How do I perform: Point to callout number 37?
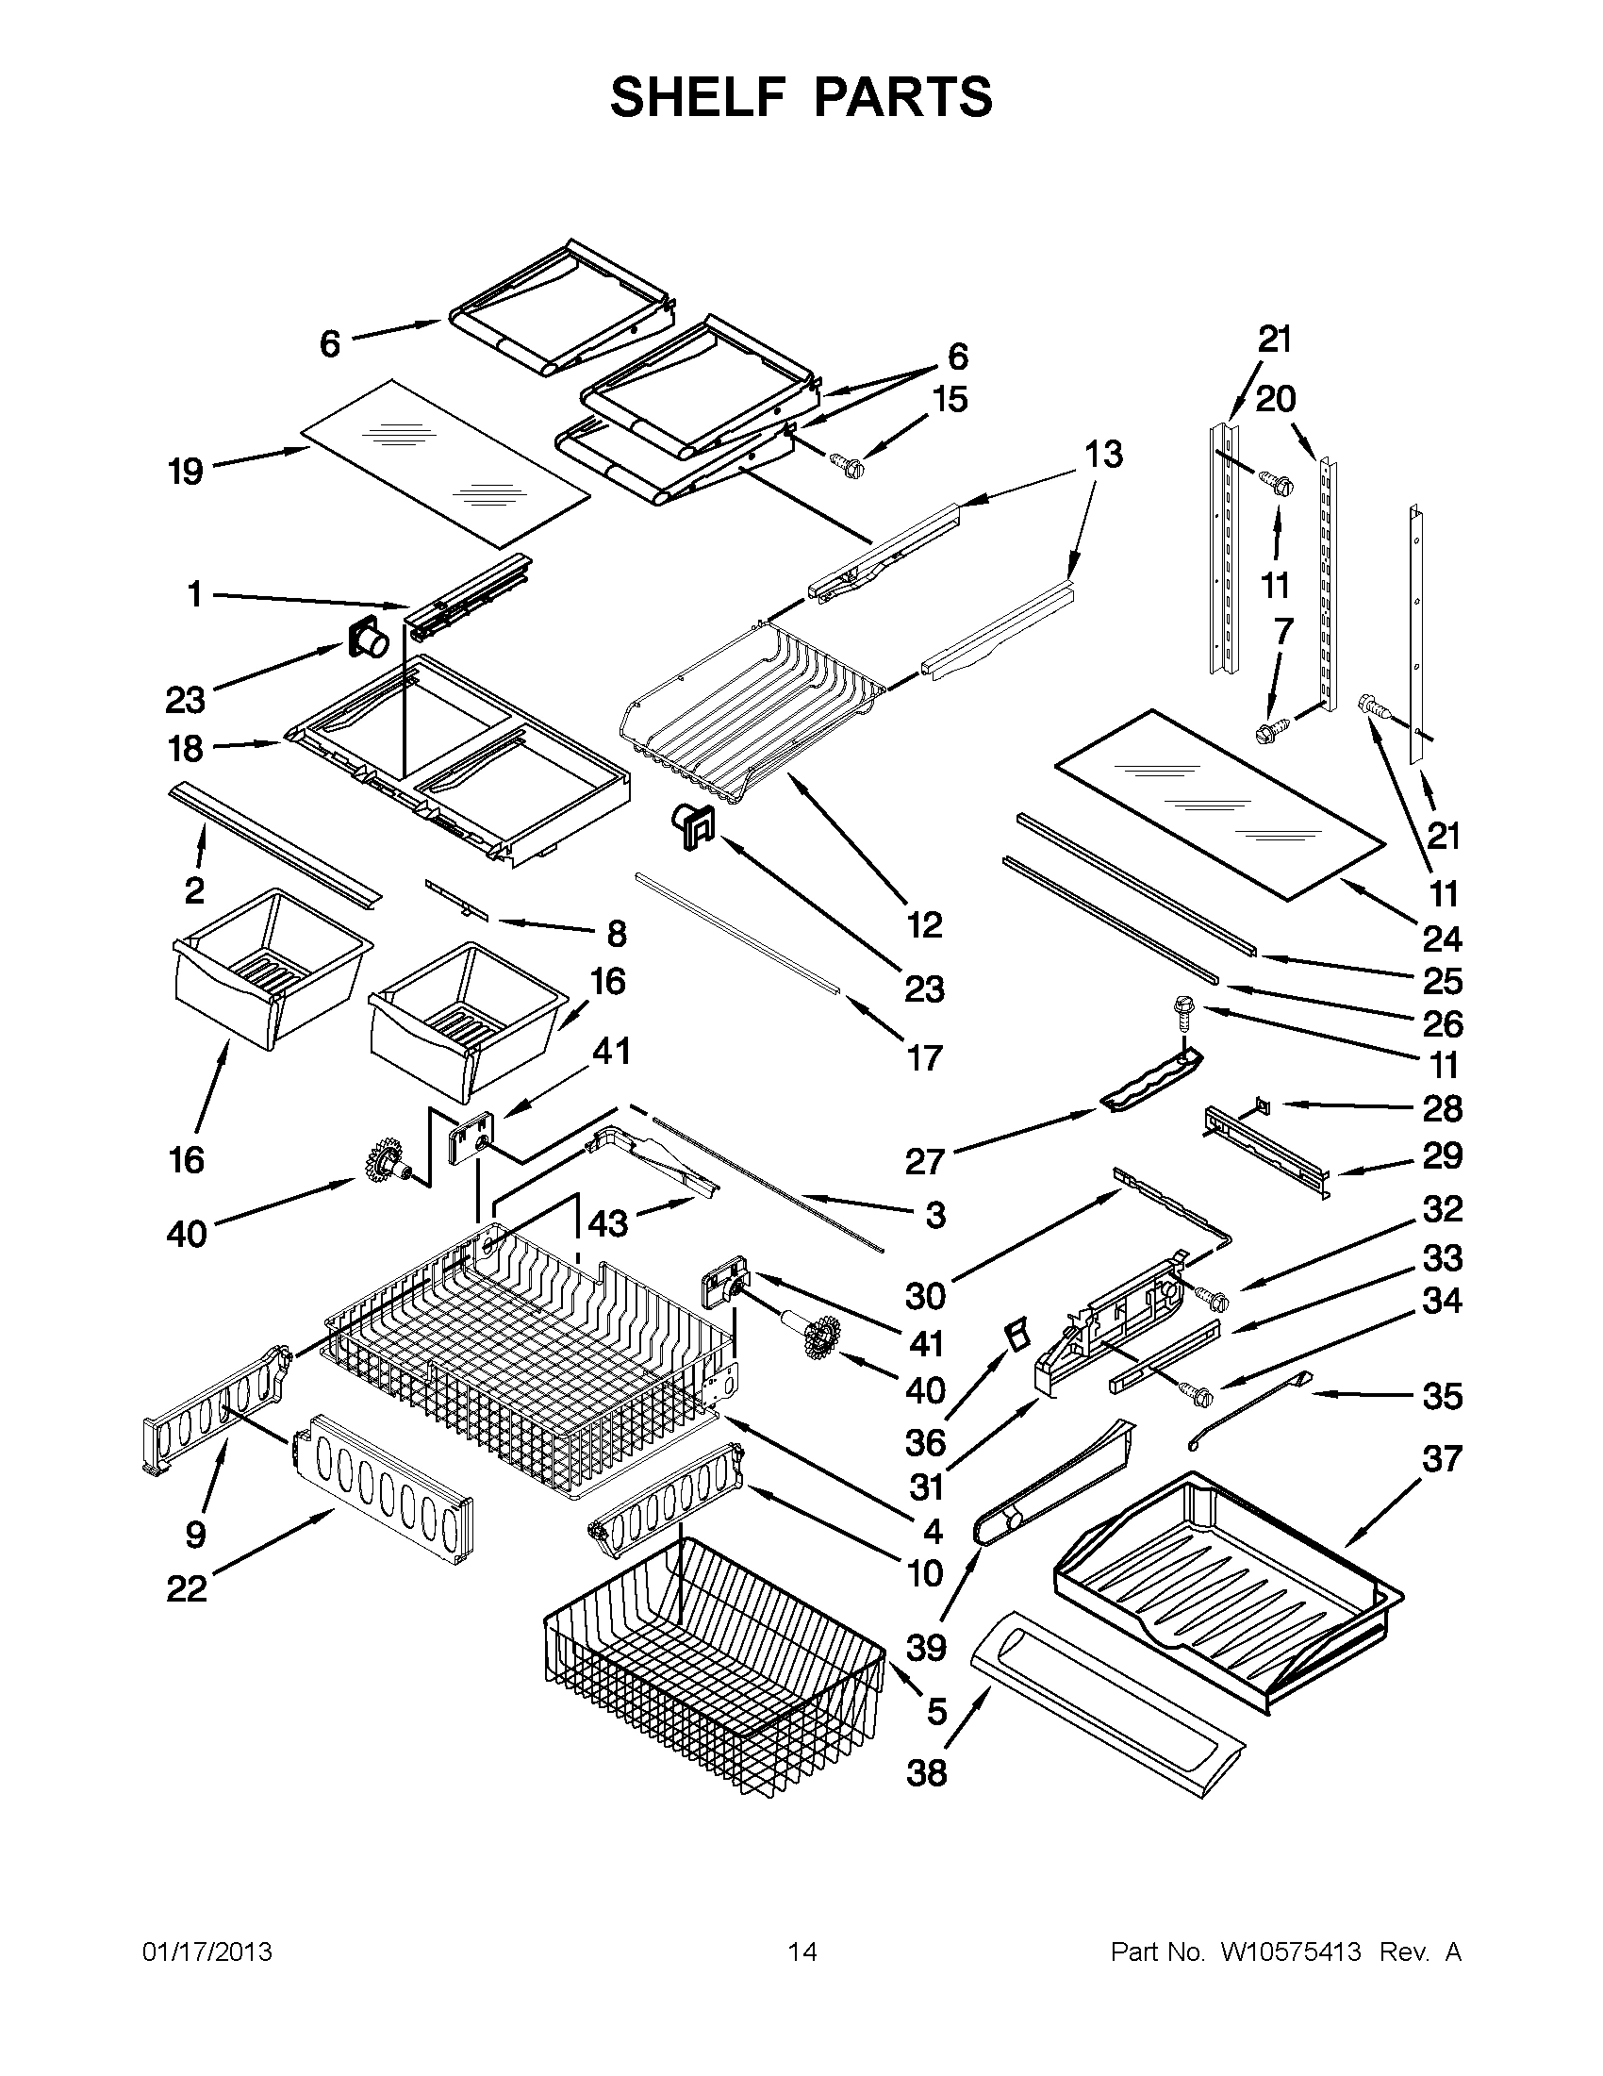(x=1442, y=1457)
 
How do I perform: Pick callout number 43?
(x=607, y=1223)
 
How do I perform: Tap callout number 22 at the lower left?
(x=187, y=1588)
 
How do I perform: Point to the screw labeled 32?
(x=1209, y=1296)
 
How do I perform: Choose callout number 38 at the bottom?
(x=927, y=1773)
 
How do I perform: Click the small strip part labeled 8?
(x=457, y=898)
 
